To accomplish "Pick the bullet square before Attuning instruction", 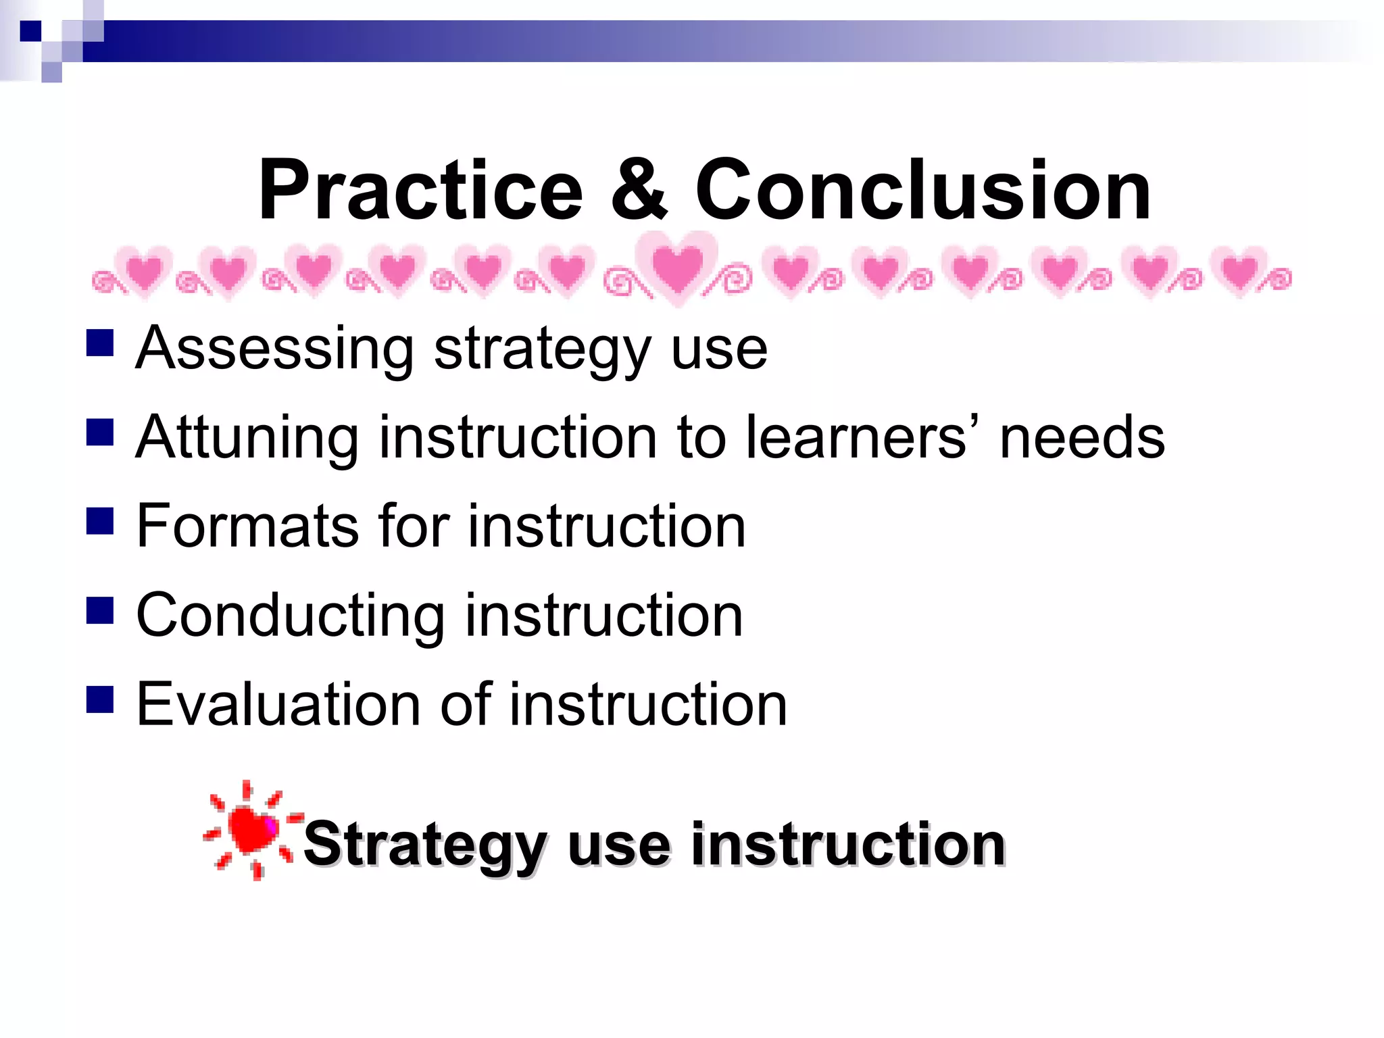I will click(100, 432).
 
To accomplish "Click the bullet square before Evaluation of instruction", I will click(100, 699).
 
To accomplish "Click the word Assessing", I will click(274, 349).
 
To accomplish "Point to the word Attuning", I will click(247, 438).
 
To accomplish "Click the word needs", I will click(1082, 438).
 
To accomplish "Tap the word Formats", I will click(247, 526).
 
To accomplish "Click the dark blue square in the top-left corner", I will click(30, 31).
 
